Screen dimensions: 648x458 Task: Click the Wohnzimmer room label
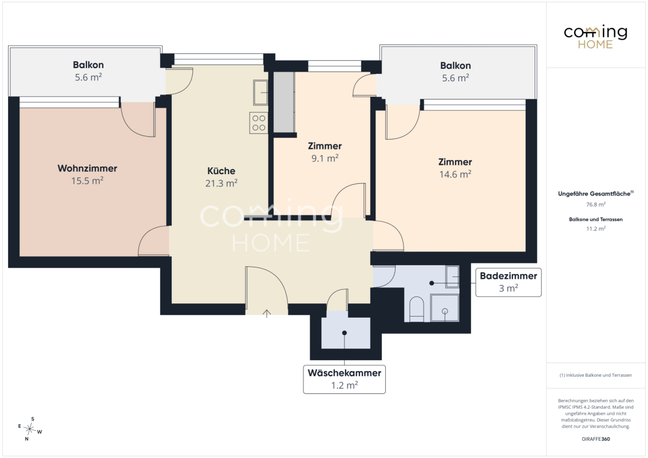point(87,168)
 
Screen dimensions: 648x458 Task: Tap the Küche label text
point(221,171)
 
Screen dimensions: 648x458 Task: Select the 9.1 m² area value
point(325,159)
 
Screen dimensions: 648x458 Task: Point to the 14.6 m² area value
point(455,175)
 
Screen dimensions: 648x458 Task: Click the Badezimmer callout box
point(508,282)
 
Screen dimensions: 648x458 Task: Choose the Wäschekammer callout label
point(344,379)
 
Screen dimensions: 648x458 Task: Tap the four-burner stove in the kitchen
point(259,123)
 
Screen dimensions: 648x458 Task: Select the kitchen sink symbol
point(260,93)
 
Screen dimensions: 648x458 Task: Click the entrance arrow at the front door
point(267,314)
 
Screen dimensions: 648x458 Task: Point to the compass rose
point(30,429)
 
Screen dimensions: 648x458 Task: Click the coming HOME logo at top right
point(595,37)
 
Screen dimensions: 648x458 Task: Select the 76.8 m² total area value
point(596,204)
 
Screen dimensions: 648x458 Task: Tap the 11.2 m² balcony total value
point(596,228)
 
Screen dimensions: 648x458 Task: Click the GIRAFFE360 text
point(595,439)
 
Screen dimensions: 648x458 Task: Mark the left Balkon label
point(88,65)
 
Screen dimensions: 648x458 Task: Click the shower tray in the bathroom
point(445,307)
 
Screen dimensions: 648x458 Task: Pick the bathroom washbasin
point(453,277)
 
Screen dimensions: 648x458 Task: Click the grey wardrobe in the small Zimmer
point(284,102)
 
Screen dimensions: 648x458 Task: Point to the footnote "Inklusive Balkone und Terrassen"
point(595,376)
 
